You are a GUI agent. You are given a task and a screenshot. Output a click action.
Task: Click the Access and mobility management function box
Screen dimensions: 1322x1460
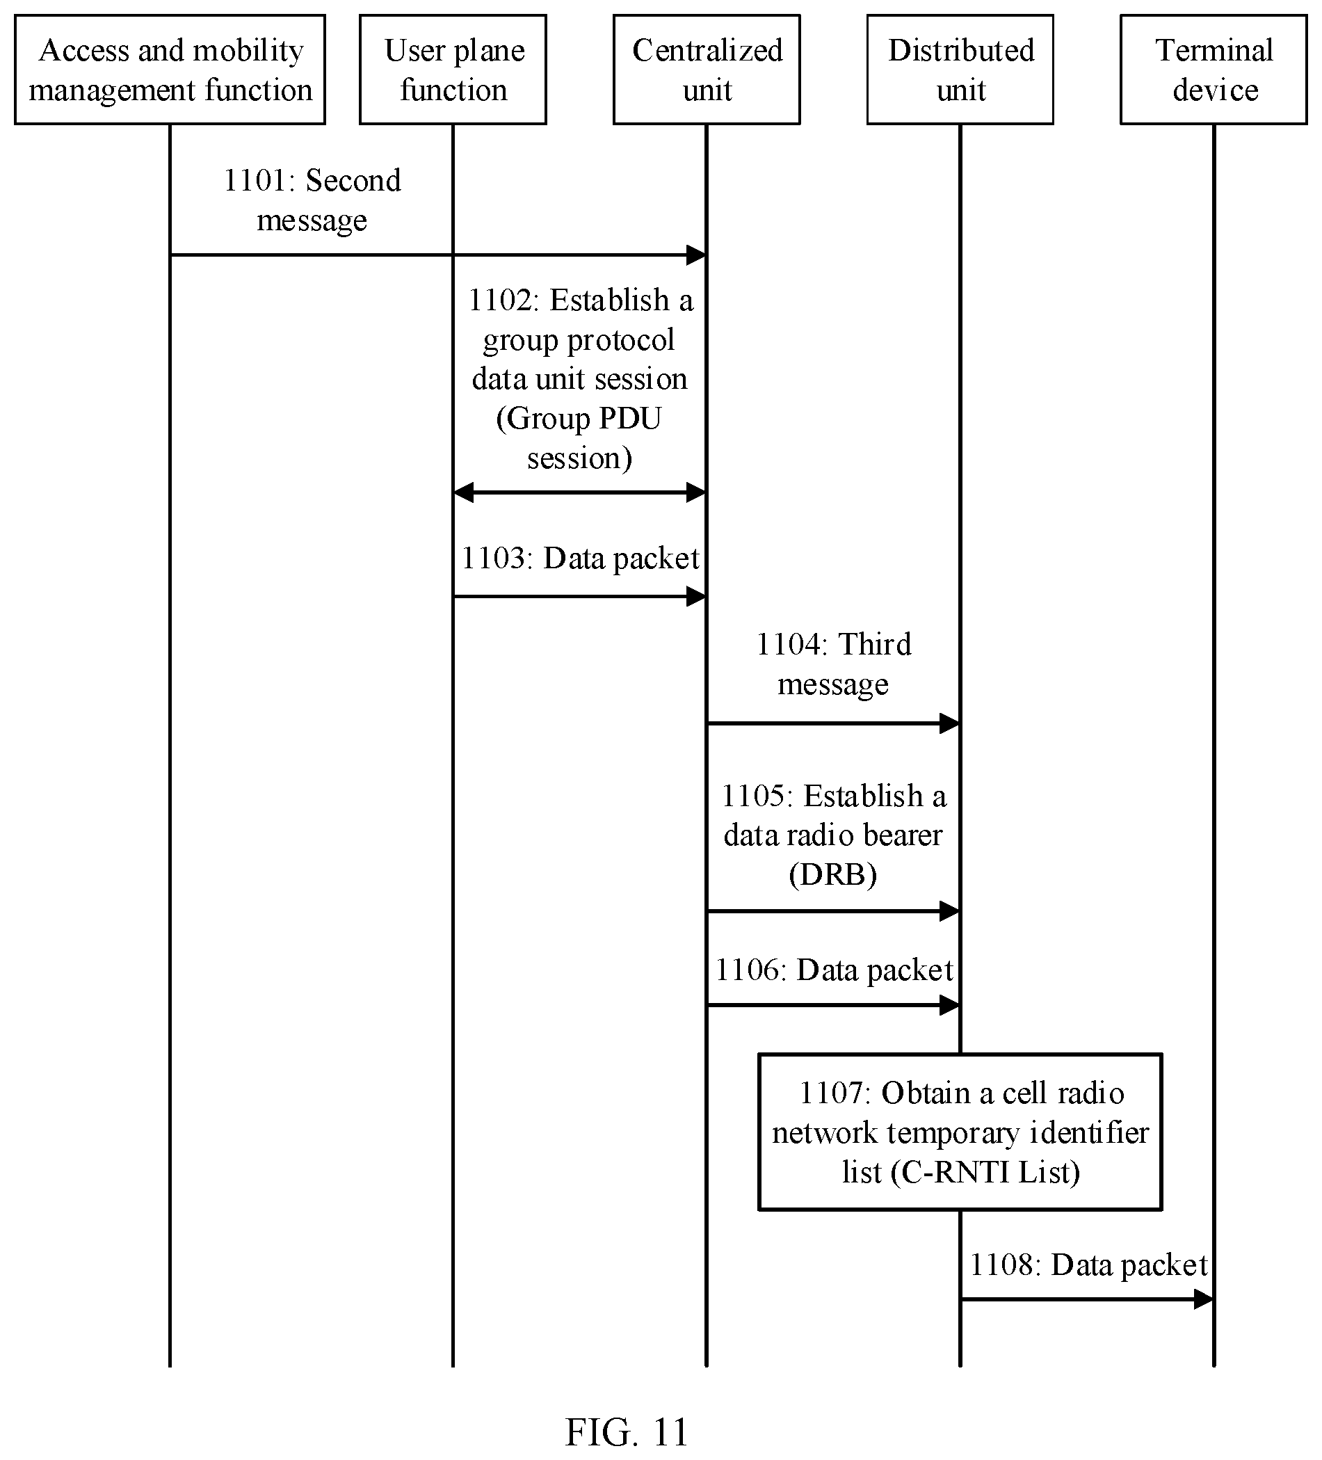[170, 70]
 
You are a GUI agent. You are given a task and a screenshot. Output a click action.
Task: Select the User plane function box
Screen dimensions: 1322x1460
[453, 70]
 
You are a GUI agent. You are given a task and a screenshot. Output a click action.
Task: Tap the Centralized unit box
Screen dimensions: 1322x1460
[707, 70]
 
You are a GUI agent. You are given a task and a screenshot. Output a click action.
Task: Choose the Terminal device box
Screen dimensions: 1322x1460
[1214, 70]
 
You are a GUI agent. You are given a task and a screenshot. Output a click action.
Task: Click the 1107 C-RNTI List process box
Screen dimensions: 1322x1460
[960, 1131]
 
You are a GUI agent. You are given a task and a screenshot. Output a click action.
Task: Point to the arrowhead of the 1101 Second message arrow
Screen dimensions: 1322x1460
[697, 255]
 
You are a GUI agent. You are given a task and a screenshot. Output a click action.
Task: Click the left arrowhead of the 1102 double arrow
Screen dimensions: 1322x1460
[463, 493]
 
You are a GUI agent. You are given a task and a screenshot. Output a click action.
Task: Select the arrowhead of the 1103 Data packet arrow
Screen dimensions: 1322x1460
[697, 597]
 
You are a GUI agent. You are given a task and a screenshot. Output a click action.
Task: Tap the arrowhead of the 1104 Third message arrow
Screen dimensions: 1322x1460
[950, 723]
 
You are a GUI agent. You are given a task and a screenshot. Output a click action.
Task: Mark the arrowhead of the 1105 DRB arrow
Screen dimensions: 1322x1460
[950, 911]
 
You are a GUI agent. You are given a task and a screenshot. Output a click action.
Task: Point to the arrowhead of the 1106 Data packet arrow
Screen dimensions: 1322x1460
[950, 1005]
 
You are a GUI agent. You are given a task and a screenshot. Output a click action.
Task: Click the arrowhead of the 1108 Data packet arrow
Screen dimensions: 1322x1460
[1204, 1299]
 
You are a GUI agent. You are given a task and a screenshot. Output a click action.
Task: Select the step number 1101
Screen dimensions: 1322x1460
[254, 180]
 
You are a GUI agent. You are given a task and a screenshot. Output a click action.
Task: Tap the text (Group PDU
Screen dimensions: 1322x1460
[579, 419]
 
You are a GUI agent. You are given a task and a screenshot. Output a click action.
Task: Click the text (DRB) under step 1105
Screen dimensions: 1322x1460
[832, 875]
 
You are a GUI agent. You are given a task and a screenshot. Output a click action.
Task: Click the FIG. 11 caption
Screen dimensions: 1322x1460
[627, 1431]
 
